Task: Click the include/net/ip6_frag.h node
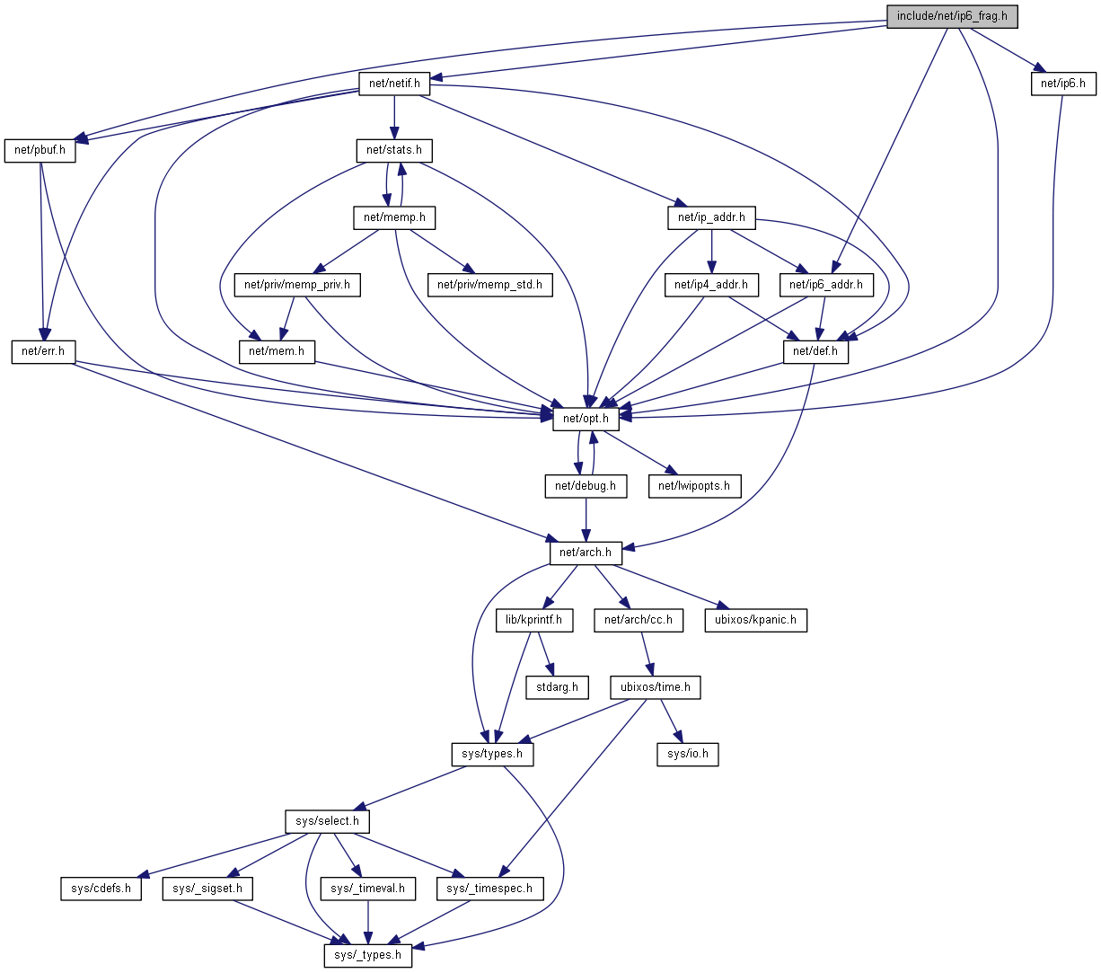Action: pyautogui.click(x=952, y=16)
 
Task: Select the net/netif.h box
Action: pyautogui.click(x=394, y=84)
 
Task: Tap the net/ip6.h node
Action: pyautogui.click(x=1062, y=84)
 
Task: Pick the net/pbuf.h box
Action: pyautogui.click(x=40, y=151)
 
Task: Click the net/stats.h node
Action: pyautogui.click(x=394, y=150)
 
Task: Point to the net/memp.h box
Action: pyautogui.click(x=394, y=217)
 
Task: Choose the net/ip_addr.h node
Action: pyautogui.click(x=711, y=217)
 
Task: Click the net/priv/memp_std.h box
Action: pyautogui.click(x=489, y=285)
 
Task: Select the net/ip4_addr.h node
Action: pyautogui.click(x=711, y=285)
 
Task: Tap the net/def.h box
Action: pyautogui.click(x=815, y=351)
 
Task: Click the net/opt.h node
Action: pyautogui.click(x=586, y=419)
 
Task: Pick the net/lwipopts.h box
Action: pyautogui.click(x=694, y=486)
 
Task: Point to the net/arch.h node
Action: pyautogui.click(x=586, y=553)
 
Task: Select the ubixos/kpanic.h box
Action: pyautogui.click(x=755, y=620)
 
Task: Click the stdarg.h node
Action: pyautogui.click(x=557, y=687)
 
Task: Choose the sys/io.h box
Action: pyautogui.click(x=688, y=754)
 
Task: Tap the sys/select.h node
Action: pyautogui.click(x=327, y=821)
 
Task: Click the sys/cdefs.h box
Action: pyautogui.click(x=101, y=889)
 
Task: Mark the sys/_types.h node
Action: pyautogui.click(x=367, y=955)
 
